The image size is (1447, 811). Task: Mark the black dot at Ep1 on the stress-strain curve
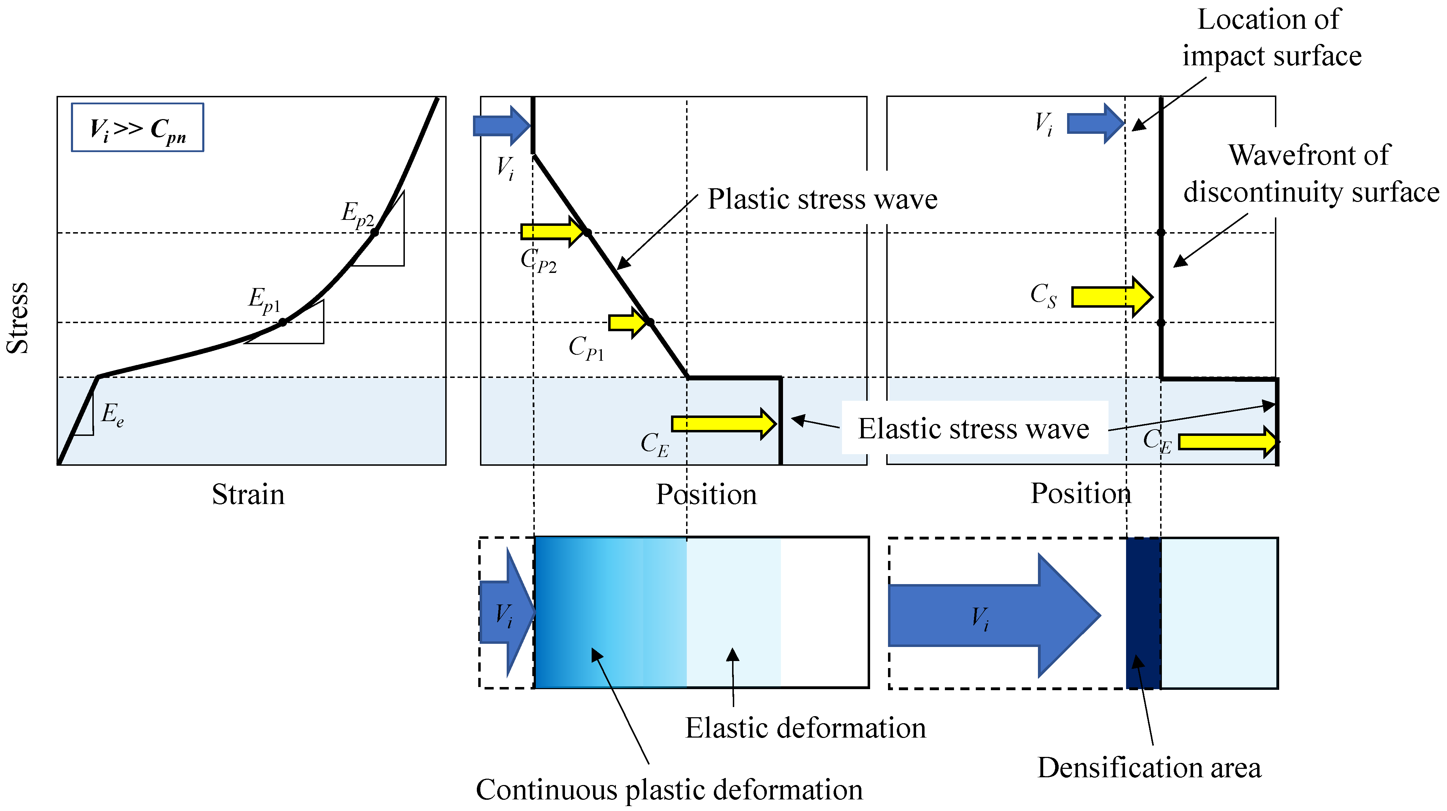(283, 322)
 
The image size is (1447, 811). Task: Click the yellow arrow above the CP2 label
(552, 231)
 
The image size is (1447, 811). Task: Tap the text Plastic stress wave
(822, 199)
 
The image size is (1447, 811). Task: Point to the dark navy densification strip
(1143, 613)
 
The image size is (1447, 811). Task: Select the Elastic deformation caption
(805, 728)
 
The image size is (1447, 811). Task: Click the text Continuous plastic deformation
(669, 790)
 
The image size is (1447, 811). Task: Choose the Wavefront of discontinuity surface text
(1310, 174)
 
